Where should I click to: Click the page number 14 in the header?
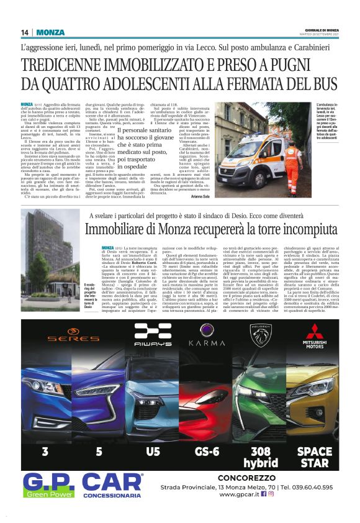(25, 32)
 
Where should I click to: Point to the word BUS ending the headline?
(322, 84)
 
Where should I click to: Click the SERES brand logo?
(65, 339)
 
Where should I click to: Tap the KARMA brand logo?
(206, 342)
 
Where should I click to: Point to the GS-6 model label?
(206, 452)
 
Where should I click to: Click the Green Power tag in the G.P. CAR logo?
(49, 494)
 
